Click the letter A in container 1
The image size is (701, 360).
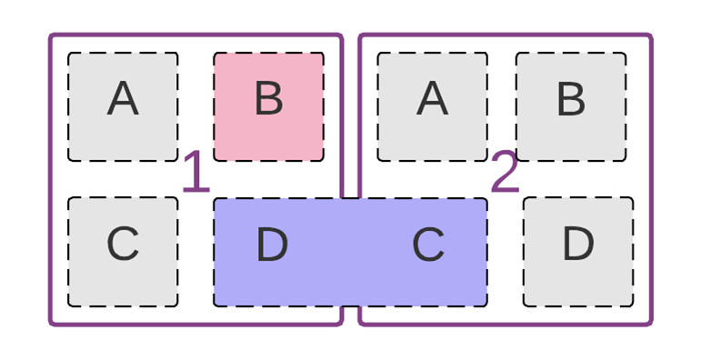point(123,99)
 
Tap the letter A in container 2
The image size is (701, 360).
point(432,99)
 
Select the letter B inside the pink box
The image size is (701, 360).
point(268,99)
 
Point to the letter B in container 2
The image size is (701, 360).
point(570,99)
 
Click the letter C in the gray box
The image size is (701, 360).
point(123,245)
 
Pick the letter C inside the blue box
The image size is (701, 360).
point(428,245)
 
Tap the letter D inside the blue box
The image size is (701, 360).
point(272,245)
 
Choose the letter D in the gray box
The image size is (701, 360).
point(577,245)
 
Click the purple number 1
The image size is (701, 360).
point(195,173)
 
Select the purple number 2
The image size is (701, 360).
point(505,173)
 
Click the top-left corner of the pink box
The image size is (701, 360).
point(215,54)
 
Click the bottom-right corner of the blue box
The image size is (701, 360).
point(486,305)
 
